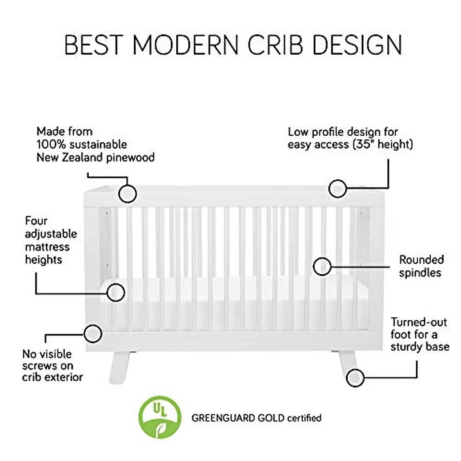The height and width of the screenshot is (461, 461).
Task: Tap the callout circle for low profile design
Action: [x=338, y=189]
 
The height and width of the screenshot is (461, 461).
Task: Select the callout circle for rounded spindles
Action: [x=322, y=266]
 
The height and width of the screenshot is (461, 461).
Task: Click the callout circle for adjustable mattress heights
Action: [x=116, y=293]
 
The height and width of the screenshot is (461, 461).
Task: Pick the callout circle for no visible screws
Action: [x=93, y=333]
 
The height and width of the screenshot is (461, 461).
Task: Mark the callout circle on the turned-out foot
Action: [x=355, y=378]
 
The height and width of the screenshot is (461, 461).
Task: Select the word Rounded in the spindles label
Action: [x=421, y=260]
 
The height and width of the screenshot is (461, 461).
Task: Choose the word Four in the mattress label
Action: [x=36, y=221]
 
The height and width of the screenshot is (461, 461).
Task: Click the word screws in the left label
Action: [x=41, y=365]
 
